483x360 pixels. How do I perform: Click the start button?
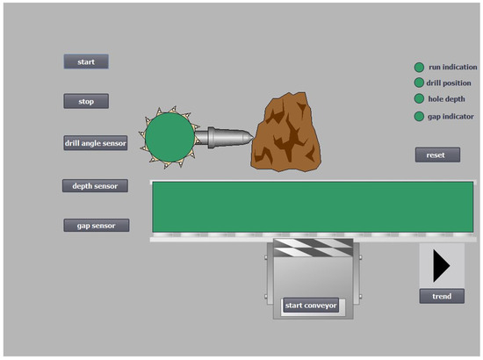pyautogui.click(x=86, y=61)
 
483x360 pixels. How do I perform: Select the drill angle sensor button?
pyautogui.click(x=96, y=143)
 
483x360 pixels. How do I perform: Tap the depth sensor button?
pyautogui.click(x=95, y=186)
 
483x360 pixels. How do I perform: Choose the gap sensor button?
pyautogui.click(x=96, y=225)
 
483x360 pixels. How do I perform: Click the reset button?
pyautogui.click(x=436, y=155)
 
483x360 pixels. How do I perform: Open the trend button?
pyautogui.click(x=442, y=296)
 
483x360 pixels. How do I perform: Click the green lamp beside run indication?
pyautogui.click(x=419, y=67)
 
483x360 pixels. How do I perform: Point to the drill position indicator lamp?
pyautogui.click(x=419, y=83)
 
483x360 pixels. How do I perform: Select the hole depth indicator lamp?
pyautogui.click(x=419, y=98)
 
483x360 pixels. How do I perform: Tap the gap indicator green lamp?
pyautogui.click(x=419, y=116)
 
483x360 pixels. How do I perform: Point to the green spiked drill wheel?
pyautogui.click(x=168, y=137)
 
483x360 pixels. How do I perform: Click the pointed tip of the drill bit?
pyautogui.click(x=249, y=136)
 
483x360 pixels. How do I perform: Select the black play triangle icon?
pyautogui.click(x=442, y=264)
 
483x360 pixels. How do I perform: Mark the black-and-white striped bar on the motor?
pyautogui.click(x=314, y=249)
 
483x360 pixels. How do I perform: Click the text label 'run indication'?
pyautogui.click(x=453, y=67)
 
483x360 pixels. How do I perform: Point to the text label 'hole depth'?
pyautogui.click(x=447, y=98)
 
